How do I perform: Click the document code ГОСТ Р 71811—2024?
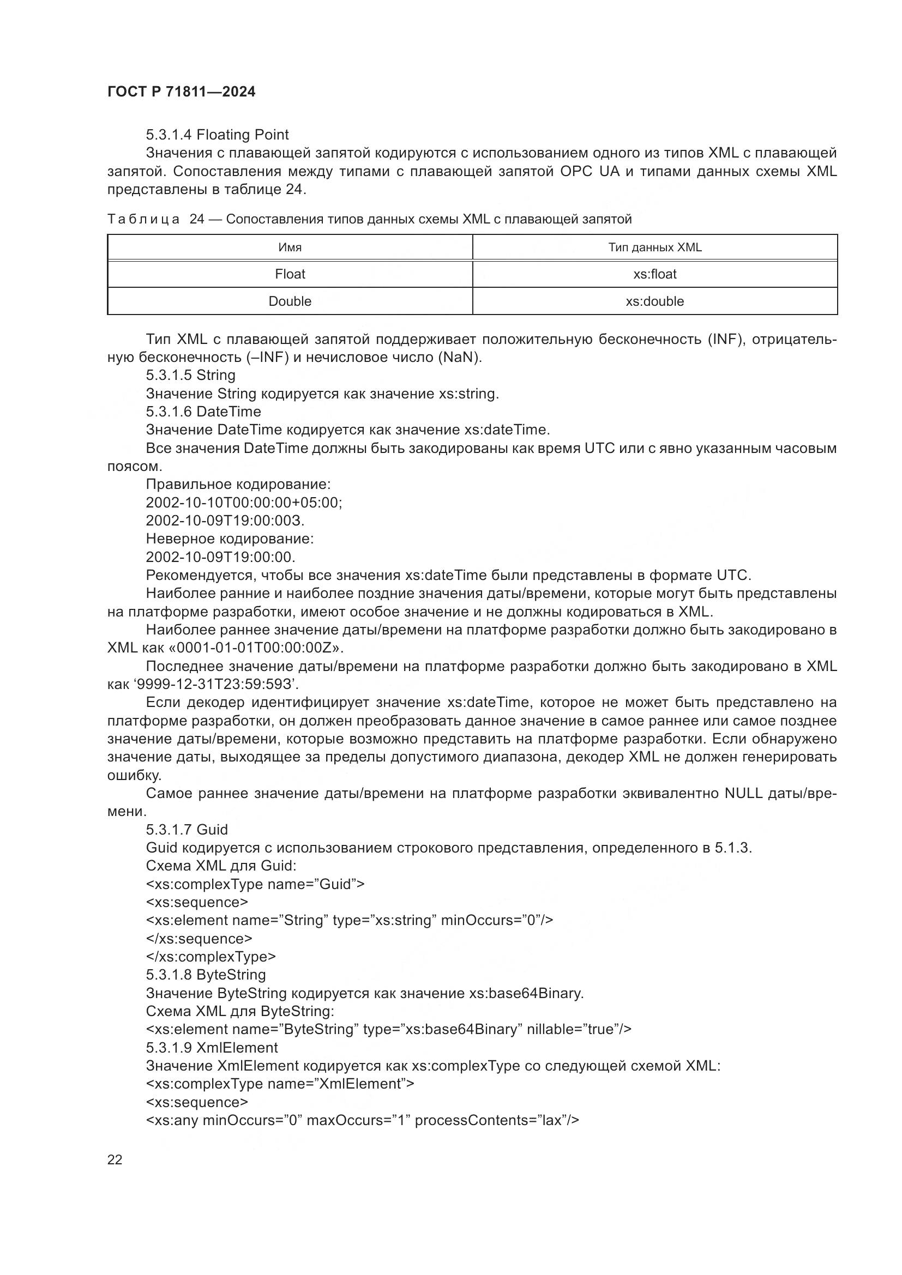181,92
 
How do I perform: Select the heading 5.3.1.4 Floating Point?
217,135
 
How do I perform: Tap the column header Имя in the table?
290,247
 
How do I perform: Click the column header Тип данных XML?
655,247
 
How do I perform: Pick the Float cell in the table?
290,274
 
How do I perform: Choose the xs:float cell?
655,274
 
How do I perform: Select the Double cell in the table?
290,301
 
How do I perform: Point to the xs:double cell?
655,301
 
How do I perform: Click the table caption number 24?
197,219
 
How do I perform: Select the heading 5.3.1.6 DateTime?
203,412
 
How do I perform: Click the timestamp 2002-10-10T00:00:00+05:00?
243,503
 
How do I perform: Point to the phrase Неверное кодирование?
230,539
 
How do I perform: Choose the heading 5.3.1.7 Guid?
187,830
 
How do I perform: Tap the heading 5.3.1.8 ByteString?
206,975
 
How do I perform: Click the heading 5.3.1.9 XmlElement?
212,1047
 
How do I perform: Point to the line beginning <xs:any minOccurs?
362,1120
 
